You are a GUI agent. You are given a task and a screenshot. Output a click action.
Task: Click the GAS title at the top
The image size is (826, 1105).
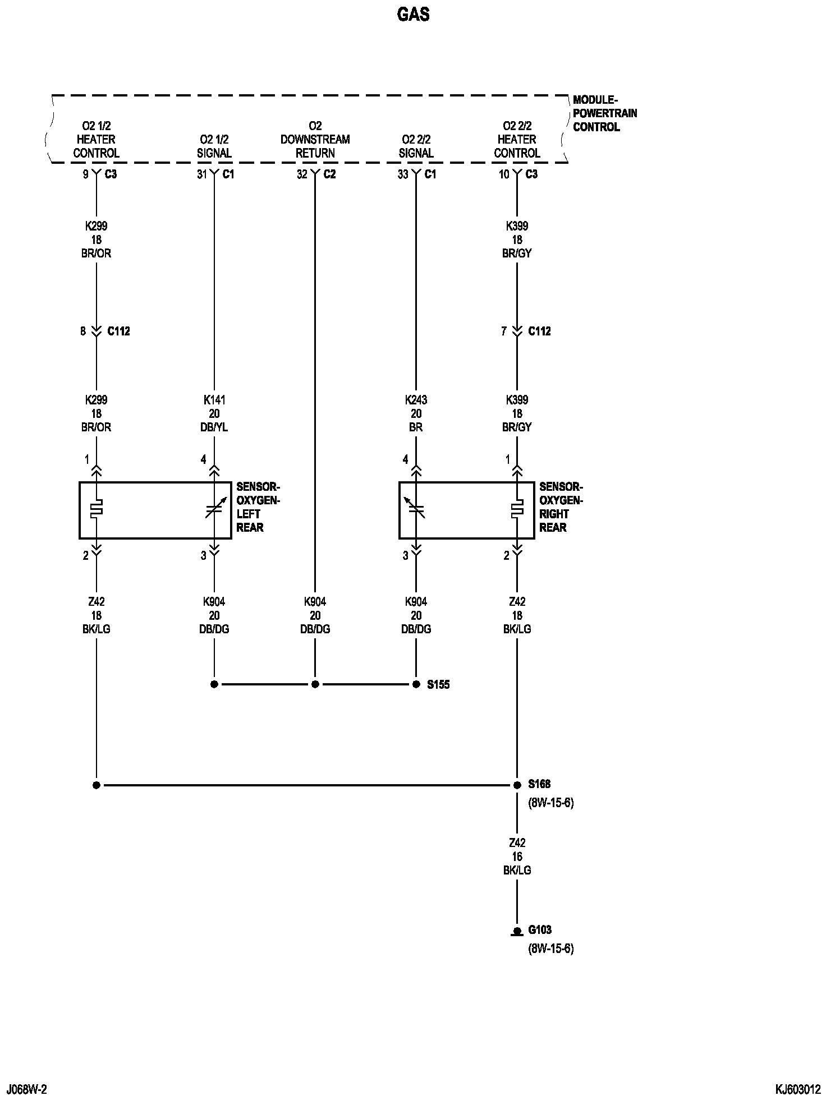tap(413, 15)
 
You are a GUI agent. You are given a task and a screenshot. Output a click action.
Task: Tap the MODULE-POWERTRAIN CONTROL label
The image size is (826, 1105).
tap(604, 113)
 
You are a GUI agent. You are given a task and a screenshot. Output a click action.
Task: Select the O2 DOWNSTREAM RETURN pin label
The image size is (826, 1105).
tap(315, 139)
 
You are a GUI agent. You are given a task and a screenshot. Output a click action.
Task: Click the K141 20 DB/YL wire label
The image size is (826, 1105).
tap(214, 413)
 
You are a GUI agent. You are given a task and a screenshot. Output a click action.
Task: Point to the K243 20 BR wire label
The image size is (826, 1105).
tap(416, 413)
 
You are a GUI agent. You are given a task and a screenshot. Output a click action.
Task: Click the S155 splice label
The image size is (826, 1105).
tap(438, 684)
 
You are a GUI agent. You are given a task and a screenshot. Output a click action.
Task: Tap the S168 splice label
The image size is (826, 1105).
tap(539, 784)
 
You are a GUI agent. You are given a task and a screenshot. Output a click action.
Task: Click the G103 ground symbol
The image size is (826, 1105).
tap(517, 932)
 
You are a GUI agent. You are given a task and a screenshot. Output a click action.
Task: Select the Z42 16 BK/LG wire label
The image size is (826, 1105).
tap(517, 857)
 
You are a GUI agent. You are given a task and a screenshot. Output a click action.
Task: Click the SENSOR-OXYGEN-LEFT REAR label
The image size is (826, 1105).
tap(258, 507)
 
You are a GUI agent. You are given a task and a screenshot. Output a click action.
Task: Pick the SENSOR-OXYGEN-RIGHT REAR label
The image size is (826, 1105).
tap(561, 507)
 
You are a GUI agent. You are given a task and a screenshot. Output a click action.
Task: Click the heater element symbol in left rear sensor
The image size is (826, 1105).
tap(97, 508)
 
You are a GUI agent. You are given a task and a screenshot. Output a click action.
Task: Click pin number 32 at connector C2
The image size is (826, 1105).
tap(302, 174)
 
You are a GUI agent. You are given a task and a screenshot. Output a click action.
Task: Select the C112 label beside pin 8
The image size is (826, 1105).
tap(118, 331)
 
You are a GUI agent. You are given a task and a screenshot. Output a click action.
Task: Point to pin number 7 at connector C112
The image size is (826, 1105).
tap(504, 331)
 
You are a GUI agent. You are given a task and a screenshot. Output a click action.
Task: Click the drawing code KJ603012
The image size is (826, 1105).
tap(798, 1090)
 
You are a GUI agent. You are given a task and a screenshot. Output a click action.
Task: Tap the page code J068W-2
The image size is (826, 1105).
tap(26, 1090)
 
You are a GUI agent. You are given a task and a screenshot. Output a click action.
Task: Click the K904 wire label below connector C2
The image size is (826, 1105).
tap(315, 615)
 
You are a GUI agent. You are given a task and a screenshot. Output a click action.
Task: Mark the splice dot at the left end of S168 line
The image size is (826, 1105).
tap(97, 785)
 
